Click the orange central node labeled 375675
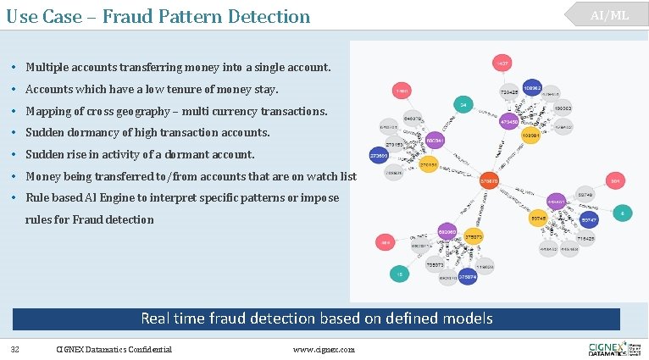pyautogui.click(x=489, y=180)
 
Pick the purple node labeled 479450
pyautogui.click(x=509, y=122)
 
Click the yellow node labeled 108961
pyautogui.click(x=530, y=135)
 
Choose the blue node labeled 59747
pyautogui.click(x=590, y=219)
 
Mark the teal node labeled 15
pyautogui.click(x=397, y=274)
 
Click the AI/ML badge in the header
pyautogui.click(x=610, y=15)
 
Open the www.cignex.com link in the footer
pyautogui.click(x=324, y=349)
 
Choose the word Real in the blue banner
pyautogui.click(x=158, y=318)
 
